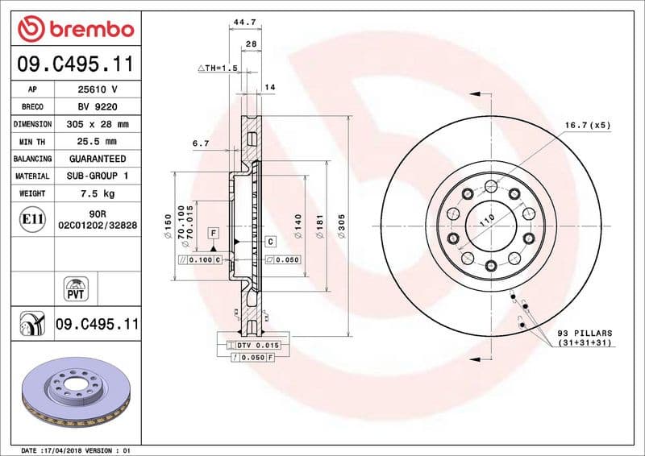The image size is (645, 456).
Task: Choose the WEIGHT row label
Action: [x=32, y=194]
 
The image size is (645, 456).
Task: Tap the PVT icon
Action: [x=76, y=290]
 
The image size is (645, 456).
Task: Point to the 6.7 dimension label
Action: [x=201, y=143]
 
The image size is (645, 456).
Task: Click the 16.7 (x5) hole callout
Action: [x=587, y=126]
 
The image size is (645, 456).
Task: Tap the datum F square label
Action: [x=214, y=233]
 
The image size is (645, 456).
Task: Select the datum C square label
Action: [x=270, y=241]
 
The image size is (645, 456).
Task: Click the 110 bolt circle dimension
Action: [x=487, y=219]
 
